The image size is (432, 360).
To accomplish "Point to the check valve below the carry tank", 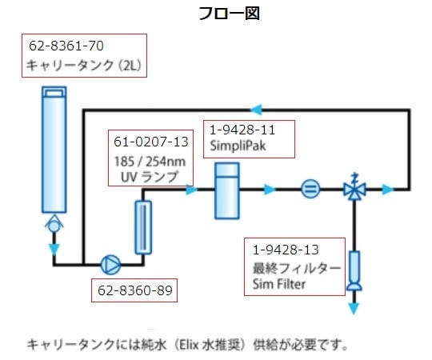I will tap(54, 225).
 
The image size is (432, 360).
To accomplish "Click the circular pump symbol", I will tap(109, 262).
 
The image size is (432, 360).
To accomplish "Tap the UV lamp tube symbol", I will tap(143, 227).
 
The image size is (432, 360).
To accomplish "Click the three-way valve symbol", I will tap(353, 190).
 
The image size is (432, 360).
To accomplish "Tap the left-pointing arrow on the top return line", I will tap(255, 108).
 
